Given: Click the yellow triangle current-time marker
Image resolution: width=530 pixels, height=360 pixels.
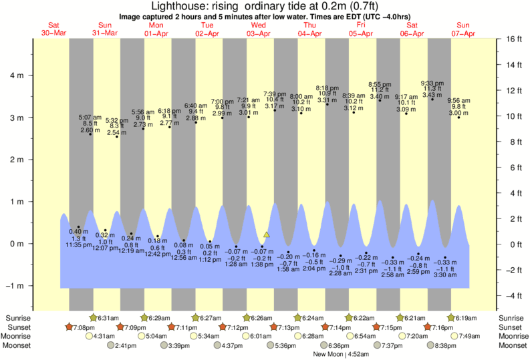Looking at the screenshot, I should click(267, 234).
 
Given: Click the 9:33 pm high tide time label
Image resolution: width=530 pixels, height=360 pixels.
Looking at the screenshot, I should click(432, 83).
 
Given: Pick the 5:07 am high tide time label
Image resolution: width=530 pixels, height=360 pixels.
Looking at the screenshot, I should click(90, 117).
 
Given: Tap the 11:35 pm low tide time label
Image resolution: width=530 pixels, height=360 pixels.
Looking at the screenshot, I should click(78, 245).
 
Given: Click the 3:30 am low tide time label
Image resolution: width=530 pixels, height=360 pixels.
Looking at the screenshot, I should click(445, 274).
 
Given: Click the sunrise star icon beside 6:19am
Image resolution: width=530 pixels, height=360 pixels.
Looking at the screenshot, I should click(451, 318).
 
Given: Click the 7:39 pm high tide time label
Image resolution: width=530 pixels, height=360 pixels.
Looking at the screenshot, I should click(275, 94).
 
